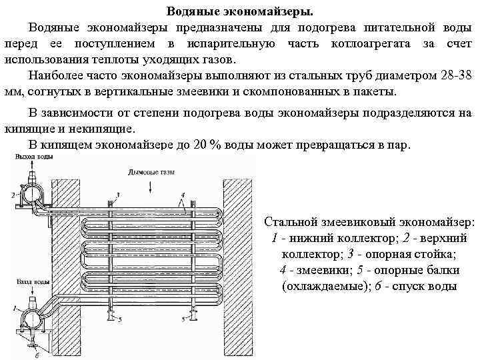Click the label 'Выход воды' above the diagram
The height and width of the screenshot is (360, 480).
point(28,157)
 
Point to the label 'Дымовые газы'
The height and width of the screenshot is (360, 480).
point(150,172)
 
